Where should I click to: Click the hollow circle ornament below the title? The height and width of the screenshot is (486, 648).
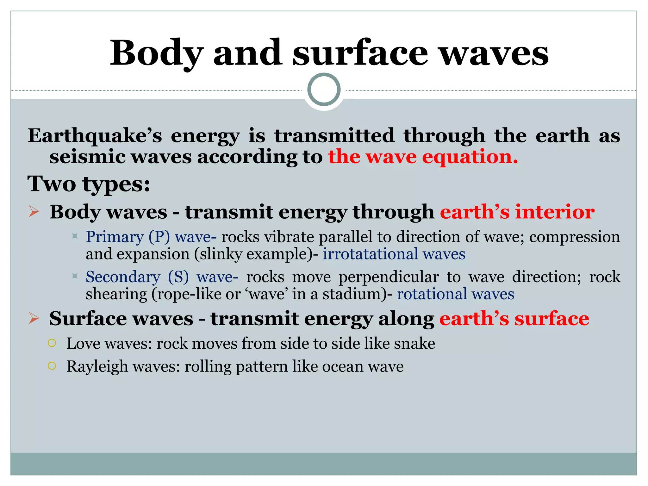click(324, 90)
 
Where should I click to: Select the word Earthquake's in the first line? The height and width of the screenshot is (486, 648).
click(95, 136)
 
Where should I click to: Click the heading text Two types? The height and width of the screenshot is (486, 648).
click(89, 184)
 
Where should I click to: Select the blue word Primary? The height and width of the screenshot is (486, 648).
click(115, 237)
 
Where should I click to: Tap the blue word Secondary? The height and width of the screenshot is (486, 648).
click(123, 277)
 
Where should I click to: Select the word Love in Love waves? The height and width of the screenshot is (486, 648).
click(83, 344)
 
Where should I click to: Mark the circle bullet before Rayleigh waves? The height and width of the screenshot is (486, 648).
click(52, 366)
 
